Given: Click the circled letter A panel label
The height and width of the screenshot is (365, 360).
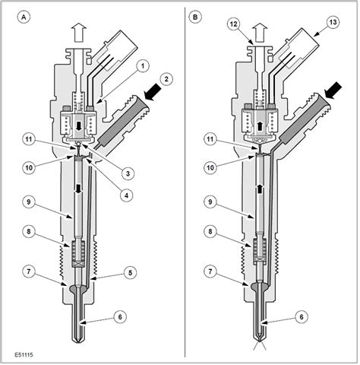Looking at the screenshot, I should point(26,17).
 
